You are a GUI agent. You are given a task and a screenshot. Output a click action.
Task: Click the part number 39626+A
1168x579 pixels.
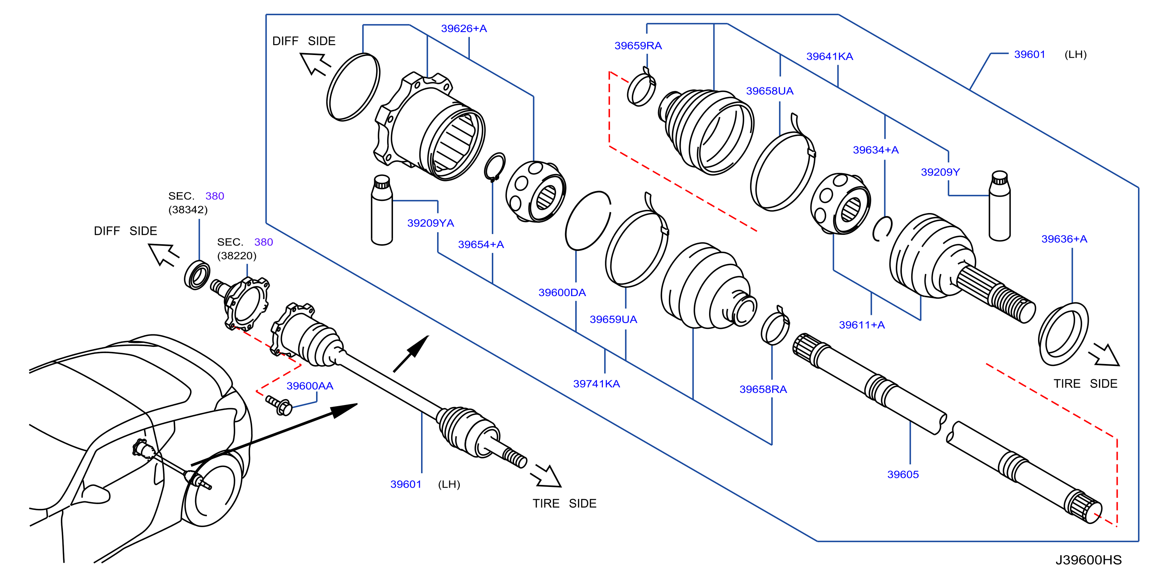464,28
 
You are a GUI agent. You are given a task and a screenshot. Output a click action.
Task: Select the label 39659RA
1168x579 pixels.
638,46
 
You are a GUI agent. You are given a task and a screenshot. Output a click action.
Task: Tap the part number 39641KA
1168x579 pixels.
829,57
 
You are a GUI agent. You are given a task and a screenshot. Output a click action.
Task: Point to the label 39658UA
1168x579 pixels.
770,91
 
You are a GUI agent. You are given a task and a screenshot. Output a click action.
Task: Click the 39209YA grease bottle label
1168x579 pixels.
430,223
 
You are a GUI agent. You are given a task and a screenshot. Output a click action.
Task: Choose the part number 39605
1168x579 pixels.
903,475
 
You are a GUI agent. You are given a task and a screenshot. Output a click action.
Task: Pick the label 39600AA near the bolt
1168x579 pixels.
310,386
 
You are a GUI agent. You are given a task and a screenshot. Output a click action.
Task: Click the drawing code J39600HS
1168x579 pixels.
1088,560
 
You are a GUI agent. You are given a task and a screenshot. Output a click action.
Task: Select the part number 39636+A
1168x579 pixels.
1064,239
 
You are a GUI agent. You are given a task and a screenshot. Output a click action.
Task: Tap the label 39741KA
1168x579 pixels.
596,384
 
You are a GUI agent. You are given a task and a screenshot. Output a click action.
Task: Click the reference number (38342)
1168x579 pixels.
188,210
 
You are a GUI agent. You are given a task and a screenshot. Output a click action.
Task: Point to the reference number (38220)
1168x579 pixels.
237,256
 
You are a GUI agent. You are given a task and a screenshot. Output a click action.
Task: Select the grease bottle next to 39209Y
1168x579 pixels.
999,206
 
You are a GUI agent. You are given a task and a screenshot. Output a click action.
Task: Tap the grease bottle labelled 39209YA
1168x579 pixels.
382,210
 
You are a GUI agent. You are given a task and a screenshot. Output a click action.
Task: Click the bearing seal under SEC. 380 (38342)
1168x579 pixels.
197,275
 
